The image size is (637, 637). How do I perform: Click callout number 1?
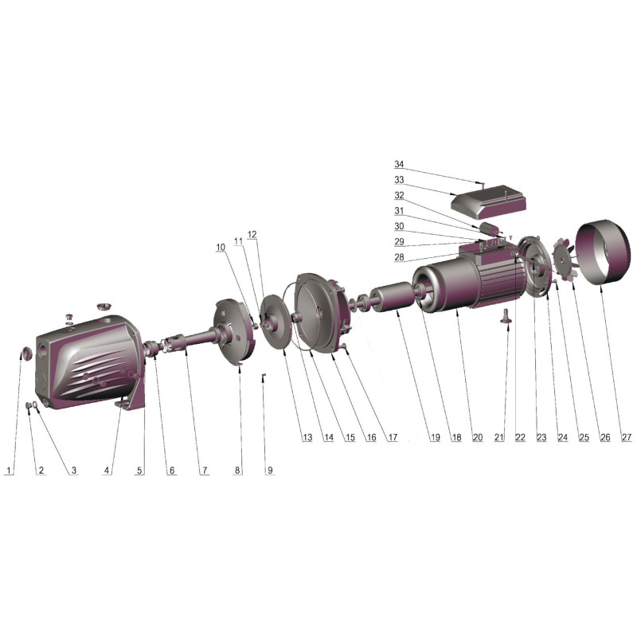point(9,471)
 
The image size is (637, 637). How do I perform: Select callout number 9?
point(270,471)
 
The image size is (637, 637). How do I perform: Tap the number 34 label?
point(399,164)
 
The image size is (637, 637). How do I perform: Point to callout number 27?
point(627,437)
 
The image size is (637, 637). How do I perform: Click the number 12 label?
point(252,234)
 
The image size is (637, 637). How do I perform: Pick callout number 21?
point(499,437)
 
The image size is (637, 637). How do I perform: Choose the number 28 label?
point(399,256)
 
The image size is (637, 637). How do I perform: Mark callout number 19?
point(435,437)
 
